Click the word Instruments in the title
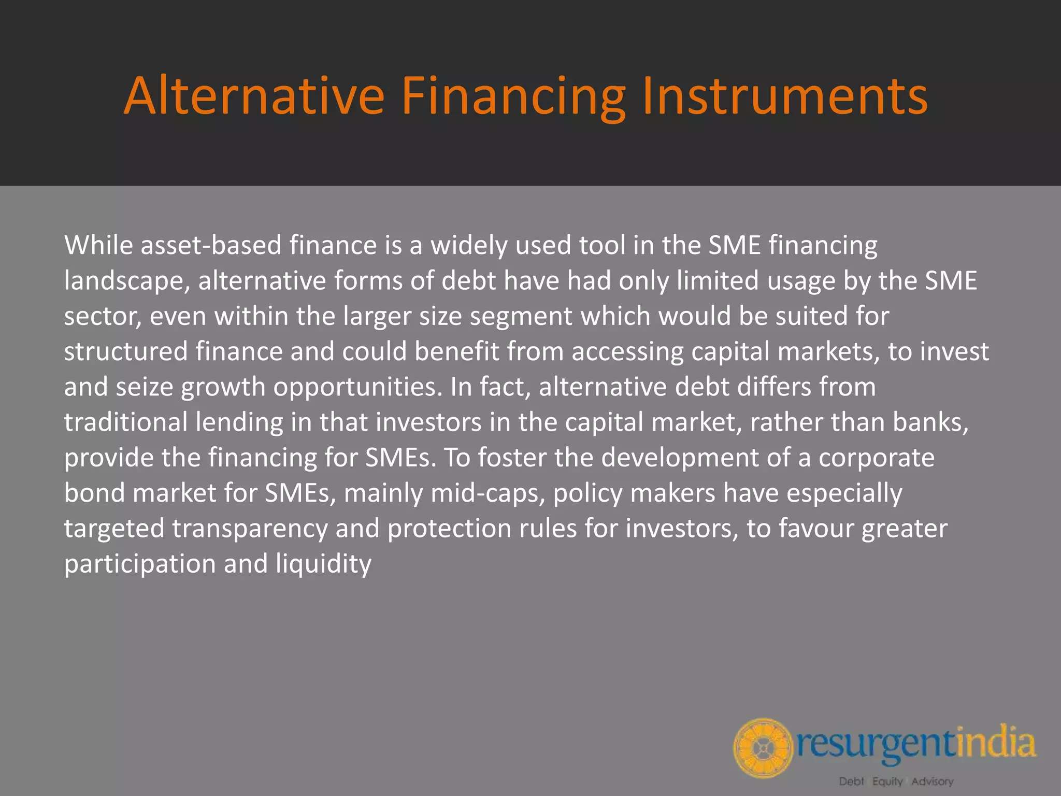point(784,96)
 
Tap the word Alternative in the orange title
point(254,96)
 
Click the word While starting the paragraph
point(98,245)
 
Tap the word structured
point(125,352)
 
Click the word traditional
point(125,422)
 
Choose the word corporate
point(876,458)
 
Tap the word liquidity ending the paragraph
point(323,564)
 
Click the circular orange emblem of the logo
point(763,748)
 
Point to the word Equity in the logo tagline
point(887,781)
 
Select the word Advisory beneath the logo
point(933,781)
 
